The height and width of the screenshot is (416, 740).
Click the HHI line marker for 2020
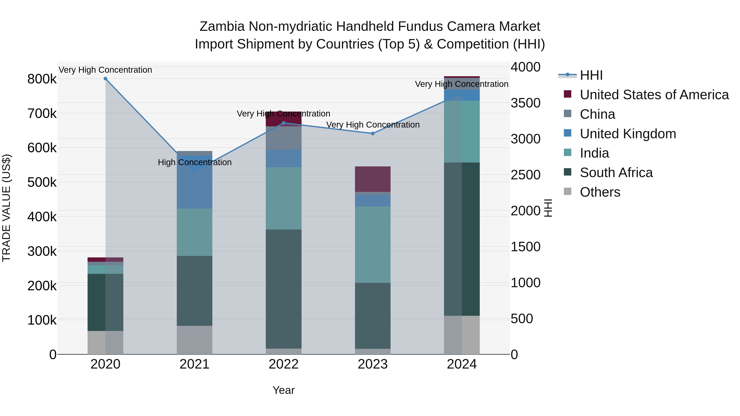pyautogui.click(x=105, y=79)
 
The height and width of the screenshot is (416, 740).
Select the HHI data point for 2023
pyautogui.click(x=373, y=134)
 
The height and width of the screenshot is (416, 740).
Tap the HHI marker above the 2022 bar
pyautogui.click(x=283, y=123)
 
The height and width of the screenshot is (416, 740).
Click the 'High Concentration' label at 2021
pyautogui.click(x=194, y=162)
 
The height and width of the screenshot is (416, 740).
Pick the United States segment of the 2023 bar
pyautogui.click(x=373, y=179)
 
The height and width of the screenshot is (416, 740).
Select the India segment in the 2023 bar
pyautogui.click(x=373, y=245)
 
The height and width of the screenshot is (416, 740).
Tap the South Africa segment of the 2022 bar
pyautogui.click(x=283, y=289)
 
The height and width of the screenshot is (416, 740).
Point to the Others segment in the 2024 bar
pyautogui.click(x=462, y=335)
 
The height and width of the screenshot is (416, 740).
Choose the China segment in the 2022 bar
pyautogui.click(x=283, y=138)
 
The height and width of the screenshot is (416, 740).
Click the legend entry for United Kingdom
pyautogui.click(x=628, y=134)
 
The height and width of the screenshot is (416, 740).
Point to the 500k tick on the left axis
pyautogui.click(x=42, y=182)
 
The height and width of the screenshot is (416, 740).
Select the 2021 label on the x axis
pyautogui.click(x=194, y=364)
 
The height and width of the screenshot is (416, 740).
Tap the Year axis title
pyautogui.click(x=283, y=390)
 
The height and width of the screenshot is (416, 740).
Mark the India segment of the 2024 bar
pyautogui.click(x=462, y=131)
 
